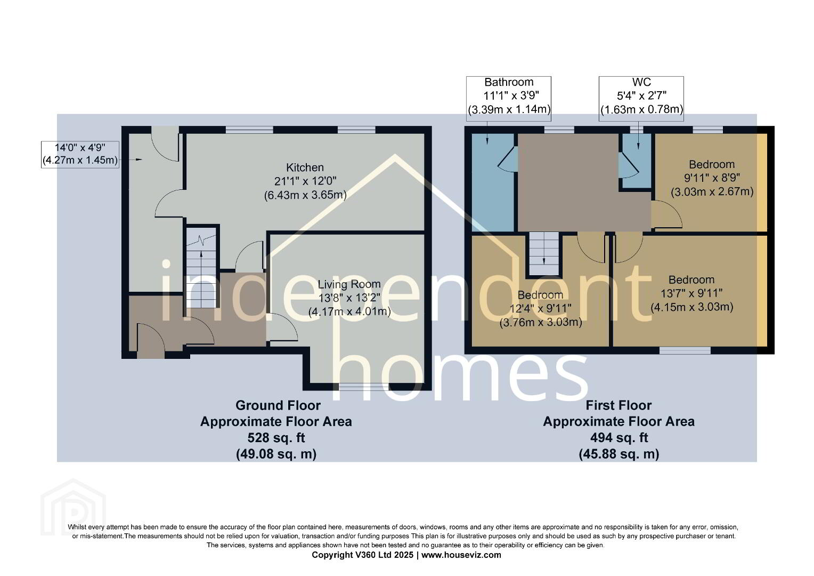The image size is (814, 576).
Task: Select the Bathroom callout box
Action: pyautogui.click(x=509, y=99)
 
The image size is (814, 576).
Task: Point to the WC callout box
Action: pyautogui.click(x=641, y=99)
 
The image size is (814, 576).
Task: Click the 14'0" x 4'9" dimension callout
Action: pyautogui.click(x=80, y=154)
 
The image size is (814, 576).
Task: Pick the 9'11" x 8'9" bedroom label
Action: pyautogui.click(x=712, y=178)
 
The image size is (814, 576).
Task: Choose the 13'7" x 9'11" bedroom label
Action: pyautogui.click(x=691, y=293)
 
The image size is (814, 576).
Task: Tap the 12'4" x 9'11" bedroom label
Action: pyautogui.click(x=540, y=309)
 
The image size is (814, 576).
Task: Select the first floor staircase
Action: pyautogui.click(x=543, y=254)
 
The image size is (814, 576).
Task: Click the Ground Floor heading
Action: pyautogui.click(x=278, y=405)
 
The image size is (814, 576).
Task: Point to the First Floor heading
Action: pyautogui.click(x=619, y=405)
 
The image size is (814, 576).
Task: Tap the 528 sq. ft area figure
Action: pyautogui.click(x=276, y=437)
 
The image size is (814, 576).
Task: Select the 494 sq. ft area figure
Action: pyautogui.click(x=619, y=437)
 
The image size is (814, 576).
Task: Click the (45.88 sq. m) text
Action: pyautogui.click(x=619, y=454)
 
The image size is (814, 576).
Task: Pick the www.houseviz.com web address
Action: pyautogui.click(x=461, y=555)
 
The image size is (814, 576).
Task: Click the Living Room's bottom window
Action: pyautogui.click(x=364, y=387)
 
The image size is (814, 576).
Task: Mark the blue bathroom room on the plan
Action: pyautogui.click(x=493, y=182)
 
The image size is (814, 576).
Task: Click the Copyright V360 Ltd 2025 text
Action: pyautogui.click(x=363, y=555)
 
